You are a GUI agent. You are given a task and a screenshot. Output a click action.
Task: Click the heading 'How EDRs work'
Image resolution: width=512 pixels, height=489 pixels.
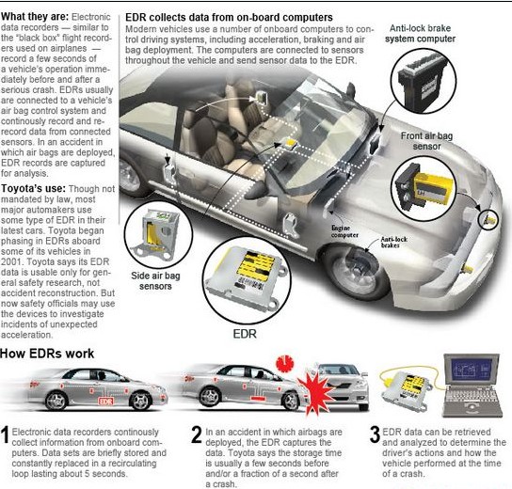(x=47, y=354)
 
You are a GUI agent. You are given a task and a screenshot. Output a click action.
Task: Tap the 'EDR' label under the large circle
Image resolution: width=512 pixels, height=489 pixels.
(x=245, y=334)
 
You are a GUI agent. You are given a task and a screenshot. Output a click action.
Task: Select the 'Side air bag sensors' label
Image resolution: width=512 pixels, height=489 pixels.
(x=155, y=281)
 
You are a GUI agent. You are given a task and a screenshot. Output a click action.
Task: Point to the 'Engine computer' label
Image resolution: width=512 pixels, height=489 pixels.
(x=344, y=231)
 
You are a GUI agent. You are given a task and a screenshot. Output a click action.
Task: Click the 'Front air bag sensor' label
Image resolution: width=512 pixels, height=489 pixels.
(x=426, y=141)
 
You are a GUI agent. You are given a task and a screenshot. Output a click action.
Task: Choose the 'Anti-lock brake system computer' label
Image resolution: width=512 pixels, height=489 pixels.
(x=421, y=34)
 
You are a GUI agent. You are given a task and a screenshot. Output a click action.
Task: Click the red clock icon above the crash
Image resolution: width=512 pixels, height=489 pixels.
(x=285, y=363)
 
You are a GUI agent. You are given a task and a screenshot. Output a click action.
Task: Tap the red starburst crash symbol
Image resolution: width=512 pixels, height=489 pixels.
(x=316, y=391)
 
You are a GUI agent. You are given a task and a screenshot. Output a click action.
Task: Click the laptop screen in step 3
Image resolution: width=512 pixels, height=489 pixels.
(x=472, y=370)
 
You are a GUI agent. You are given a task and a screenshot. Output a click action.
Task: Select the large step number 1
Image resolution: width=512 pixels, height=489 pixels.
(x=5, y=434)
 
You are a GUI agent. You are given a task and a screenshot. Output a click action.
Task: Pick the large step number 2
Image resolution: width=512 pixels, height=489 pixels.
(x=197, y=434)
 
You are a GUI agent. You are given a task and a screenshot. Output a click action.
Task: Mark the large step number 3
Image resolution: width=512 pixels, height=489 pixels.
(x=376, y=434)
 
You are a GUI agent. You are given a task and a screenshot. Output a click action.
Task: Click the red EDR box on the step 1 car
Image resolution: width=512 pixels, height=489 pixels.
(x=105, y=402)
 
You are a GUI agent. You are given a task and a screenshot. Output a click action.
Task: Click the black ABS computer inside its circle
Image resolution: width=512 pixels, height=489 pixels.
(x=423, y=82)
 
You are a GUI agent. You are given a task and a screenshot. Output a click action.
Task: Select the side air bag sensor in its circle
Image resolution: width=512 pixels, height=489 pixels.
(x=158, y=233)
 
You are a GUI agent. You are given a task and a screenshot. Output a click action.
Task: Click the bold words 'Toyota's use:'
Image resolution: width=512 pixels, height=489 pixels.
(x=33, y=189)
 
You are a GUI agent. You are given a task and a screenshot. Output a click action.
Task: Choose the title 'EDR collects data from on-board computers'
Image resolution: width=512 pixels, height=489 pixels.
(x=229, y=17)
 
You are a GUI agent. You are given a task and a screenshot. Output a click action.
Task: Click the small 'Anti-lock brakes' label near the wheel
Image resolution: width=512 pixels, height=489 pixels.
(x=393, y=242)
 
